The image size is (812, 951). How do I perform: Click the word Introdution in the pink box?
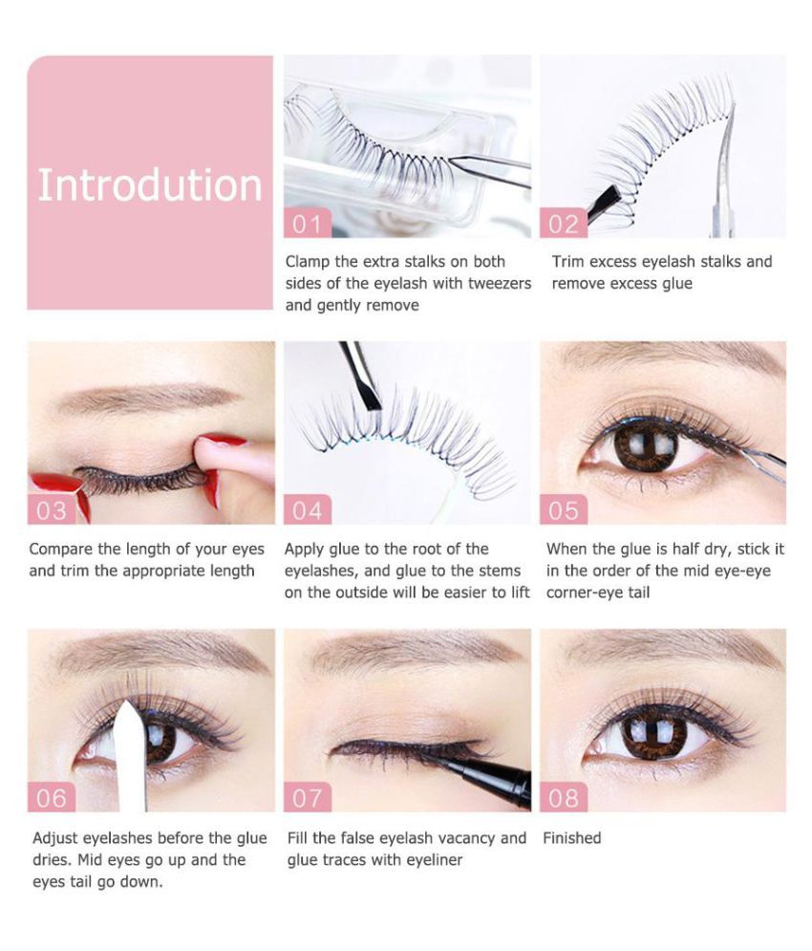click(150, 185)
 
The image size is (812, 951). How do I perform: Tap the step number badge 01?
click(308, 224)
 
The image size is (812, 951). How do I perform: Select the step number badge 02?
click(564, 224)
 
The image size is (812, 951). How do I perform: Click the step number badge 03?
click(52, 510)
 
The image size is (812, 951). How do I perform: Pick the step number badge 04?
click(308, 510)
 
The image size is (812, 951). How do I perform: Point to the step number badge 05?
click(564, 510)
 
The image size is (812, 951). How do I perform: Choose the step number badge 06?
click(52, 797)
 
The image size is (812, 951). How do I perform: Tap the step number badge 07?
click(308, 797)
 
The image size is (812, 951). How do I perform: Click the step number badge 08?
click(564, 797)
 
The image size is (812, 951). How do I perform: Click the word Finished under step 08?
click(572, 838)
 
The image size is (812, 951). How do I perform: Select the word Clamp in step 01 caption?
click(308, 262)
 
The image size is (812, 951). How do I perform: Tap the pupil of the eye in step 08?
click(653, 729)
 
